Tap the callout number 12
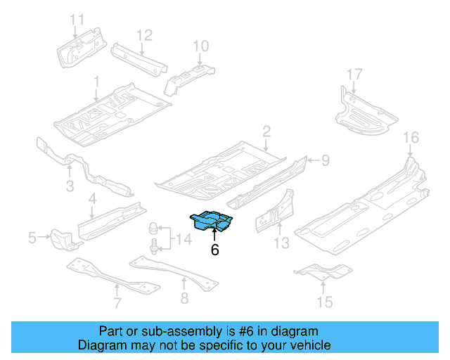coord(143,34)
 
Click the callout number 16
coord(411,136)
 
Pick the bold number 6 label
coord(214,250)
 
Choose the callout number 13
coord(281,243)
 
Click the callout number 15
coord(324,303)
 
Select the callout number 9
coord(325,161)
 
